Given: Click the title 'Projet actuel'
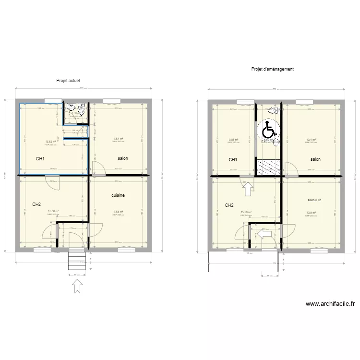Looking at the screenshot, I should [x=68, y=81].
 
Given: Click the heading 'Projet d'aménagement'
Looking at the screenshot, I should [x=272, y=69].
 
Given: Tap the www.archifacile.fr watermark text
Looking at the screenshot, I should [x=332, y=303].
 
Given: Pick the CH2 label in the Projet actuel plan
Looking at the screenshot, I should [x=36, y=204].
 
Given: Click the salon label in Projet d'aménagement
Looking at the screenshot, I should [x=315, y=159].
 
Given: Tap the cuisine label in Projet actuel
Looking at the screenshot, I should [x=119, y=196].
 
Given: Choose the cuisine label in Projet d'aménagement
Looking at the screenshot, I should [x=314, y=199].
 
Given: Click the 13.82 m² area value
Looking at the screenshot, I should [x=50, y=142].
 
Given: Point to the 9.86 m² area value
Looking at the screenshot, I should [x=234, y=140].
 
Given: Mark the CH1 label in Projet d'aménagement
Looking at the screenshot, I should [x=233, y=160].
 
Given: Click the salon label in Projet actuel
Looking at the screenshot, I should [x=123, y=158].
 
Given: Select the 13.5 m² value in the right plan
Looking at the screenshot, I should [x=311, y=213].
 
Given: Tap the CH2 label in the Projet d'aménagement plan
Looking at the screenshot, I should [x=229, y=205].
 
